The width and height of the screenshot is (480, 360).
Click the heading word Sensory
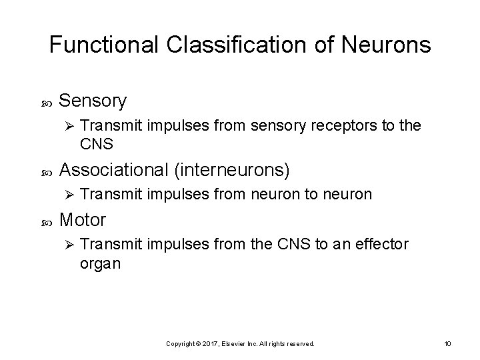coord(93,101)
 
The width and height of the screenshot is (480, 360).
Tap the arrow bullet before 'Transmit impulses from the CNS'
coord(65,245)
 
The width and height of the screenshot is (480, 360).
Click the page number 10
coord(447,343)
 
